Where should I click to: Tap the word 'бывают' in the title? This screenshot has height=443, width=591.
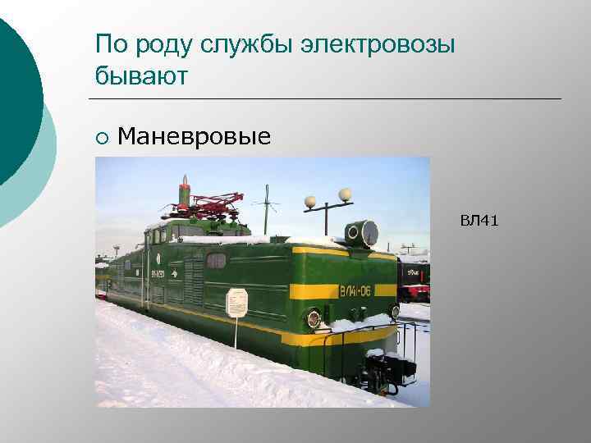(x=142, y=76)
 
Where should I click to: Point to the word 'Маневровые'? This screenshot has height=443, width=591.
(x=194, y=136)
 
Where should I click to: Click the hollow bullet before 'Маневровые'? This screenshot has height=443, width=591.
(x=100, y=137)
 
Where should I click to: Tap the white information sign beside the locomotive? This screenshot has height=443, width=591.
(x=236, y=302)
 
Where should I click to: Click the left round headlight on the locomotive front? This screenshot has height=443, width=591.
(x=313, y=318)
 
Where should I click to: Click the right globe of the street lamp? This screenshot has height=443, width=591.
(x=345, y=194)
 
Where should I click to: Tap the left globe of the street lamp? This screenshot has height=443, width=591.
(x=310, y=201)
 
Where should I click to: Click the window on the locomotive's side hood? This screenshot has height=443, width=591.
(x=216, y=261)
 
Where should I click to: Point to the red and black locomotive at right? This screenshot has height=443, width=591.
(x=413, y=279)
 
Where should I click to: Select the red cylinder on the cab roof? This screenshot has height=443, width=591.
(x=185, y=194)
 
